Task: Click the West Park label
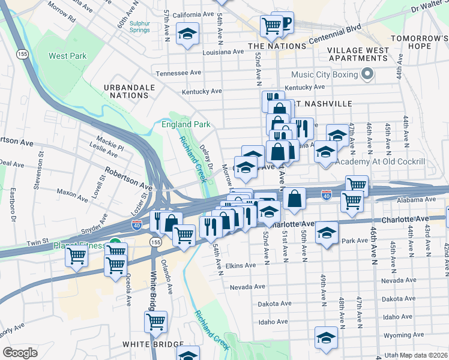67,56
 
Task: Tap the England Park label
185,125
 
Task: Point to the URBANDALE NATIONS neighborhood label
129,91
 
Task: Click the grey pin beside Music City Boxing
367,76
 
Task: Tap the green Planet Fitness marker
114,246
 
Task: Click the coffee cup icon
285,23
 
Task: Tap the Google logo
20,353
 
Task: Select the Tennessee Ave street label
178,73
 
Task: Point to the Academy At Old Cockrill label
380,162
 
